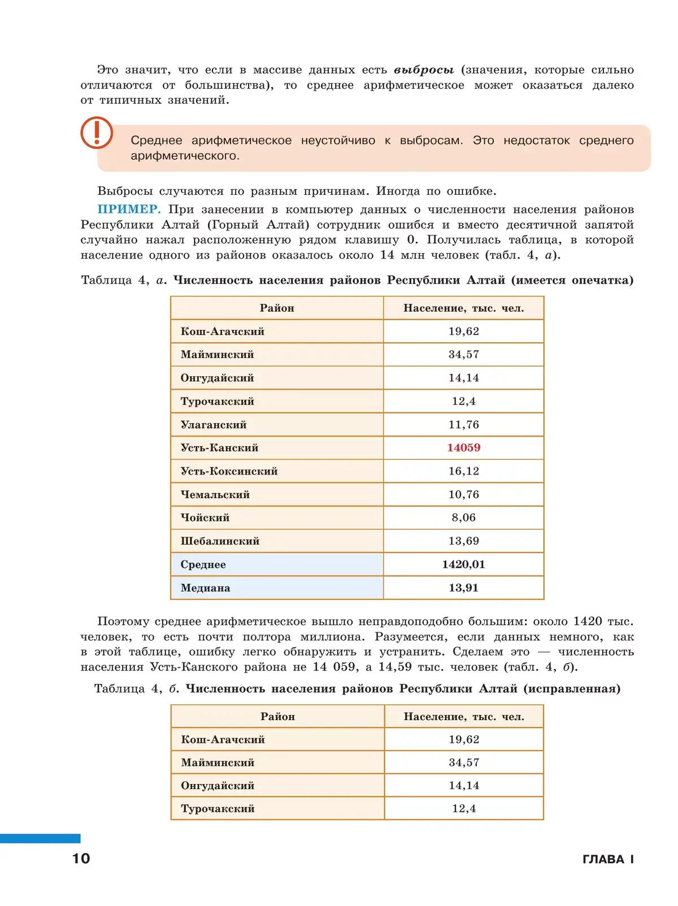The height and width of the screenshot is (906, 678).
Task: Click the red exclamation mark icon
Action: [x=97, y=133]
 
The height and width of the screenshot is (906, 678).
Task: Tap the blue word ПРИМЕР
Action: [x=129, y=209]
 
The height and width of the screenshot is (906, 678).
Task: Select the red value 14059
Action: [x=463, y=447]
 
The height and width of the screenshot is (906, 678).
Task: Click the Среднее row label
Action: [x=203, y=564]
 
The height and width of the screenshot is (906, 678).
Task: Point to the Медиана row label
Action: [x=205, y=587]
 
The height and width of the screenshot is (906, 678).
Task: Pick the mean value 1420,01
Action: [x=463, y=564]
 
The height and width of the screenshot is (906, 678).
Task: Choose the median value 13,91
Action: [x=463, y=587]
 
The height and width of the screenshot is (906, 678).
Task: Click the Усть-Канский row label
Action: [x=219, y=447]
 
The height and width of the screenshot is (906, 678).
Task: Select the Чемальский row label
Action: [x=215, y=494]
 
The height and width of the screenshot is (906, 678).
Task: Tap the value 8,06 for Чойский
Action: [x=463, y=517]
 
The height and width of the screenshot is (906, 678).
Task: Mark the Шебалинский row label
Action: [x=220, y=541]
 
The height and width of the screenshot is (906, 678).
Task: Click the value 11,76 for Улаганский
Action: [x=463, y=424]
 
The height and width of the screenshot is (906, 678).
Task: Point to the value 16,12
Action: [x=463, y=471]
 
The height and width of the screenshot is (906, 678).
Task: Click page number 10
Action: [x=81, y=859]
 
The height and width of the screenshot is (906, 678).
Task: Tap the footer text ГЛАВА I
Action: [x=608, y=859]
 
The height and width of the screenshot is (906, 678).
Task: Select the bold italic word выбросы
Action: [x=424, y=70]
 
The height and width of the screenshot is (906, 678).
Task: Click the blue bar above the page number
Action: [x=40, y=838]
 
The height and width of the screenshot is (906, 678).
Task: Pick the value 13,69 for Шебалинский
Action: [x=463, y=541]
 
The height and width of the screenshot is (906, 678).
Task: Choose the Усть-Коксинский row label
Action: [x=229, y=471]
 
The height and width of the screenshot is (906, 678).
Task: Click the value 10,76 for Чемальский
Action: [x=463, y=494]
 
